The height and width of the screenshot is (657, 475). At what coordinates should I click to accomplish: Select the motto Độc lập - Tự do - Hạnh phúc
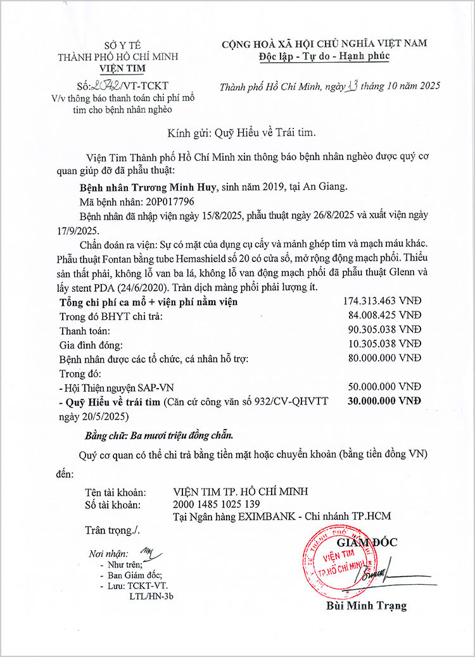tap(324, 56)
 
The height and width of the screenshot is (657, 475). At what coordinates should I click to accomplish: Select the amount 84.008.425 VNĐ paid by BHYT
tap(384, 315)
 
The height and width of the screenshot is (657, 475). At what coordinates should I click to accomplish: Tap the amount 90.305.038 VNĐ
tap(384, 329)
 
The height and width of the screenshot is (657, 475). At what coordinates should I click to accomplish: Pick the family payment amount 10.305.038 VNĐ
tap(384, 343)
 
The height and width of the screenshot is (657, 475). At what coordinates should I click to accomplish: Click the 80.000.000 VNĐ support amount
tap(384, 358)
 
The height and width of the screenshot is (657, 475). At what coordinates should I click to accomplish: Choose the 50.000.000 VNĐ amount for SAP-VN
tap(384, 386)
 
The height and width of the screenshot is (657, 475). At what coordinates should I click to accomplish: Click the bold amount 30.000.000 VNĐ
tap(384, 400)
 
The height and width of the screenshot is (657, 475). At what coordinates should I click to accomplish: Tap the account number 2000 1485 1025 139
tap(216, 504)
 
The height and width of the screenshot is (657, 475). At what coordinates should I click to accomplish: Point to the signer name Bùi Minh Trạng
tap(367, 606)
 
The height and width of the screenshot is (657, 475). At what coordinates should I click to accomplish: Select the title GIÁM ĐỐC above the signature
tap(367, 542)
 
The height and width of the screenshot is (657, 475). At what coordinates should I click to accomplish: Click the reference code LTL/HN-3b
tap(151, 596)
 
